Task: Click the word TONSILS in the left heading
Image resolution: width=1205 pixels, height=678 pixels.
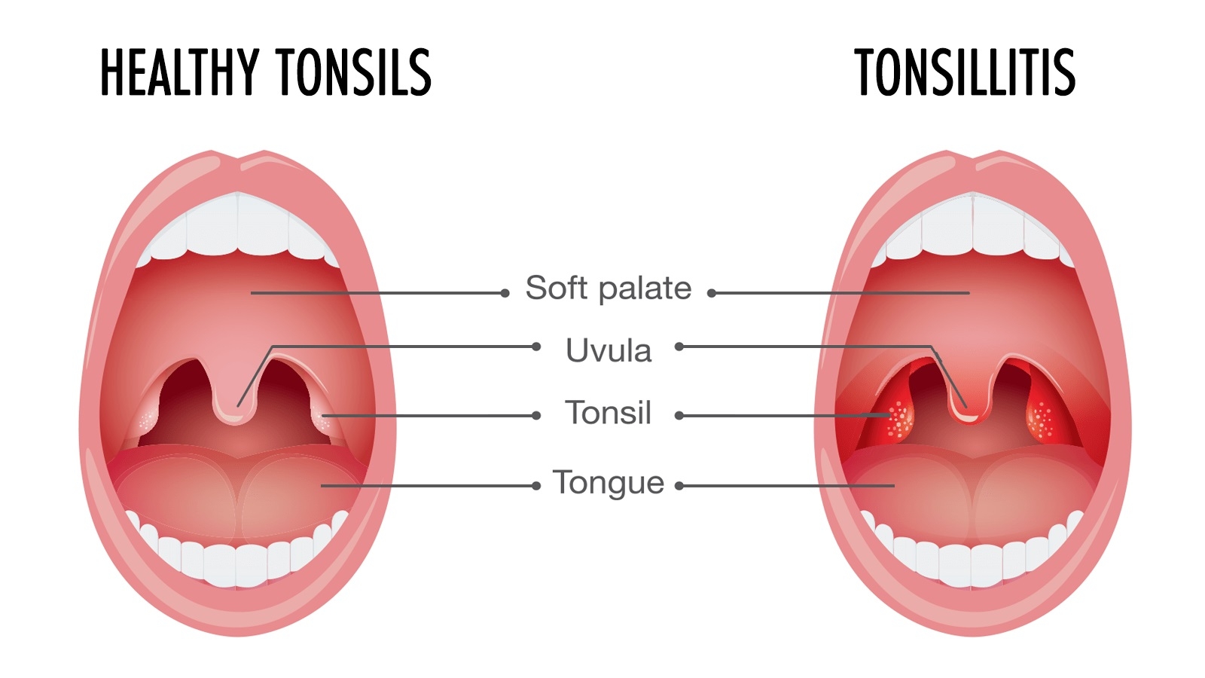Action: point(353,72)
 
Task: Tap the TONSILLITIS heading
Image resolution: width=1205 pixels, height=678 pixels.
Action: point(965,72)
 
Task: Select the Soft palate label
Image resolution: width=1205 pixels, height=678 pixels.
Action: point(609,288)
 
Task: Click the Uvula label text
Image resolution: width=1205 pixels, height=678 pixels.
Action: point(609,351)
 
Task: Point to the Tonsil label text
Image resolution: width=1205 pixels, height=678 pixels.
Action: point(609,413)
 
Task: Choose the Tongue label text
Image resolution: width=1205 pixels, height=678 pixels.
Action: point(609,482)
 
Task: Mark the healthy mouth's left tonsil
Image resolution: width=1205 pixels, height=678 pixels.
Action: point(148,418)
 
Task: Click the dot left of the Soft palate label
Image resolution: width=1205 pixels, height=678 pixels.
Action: point(505,293)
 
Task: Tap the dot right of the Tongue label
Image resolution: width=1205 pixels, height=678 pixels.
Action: point(679,486)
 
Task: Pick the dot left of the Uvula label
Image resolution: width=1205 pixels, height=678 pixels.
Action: point(536,347)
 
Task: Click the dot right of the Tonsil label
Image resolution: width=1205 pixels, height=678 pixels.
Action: point(679,415)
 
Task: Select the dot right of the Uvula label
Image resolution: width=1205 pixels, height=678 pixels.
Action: point(679,347)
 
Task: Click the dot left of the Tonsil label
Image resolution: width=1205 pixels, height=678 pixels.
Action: point(536,415)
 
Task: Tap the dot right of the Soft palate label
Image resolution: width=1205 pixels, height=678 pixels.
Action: point(712,293)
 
